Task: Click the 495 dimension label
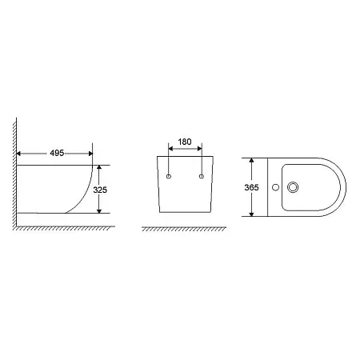[x=57, y=153]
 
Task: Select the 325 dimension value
[x=100, y=190]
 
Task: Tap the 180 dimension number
[x=185, y=142]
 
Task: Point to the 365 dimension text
[x=251, y=187]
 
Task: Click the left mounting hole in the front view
[x=169, y=176]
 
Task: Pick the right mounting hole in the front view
[x=202, y=176]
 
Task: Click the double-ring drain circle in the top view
[x=293, y=187]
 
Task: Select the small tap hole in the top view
[x=275, y=187]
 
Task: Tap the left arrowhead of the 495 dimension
[x=18, y=154]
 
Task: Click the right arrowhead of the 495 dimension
[x=90, y=154]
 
